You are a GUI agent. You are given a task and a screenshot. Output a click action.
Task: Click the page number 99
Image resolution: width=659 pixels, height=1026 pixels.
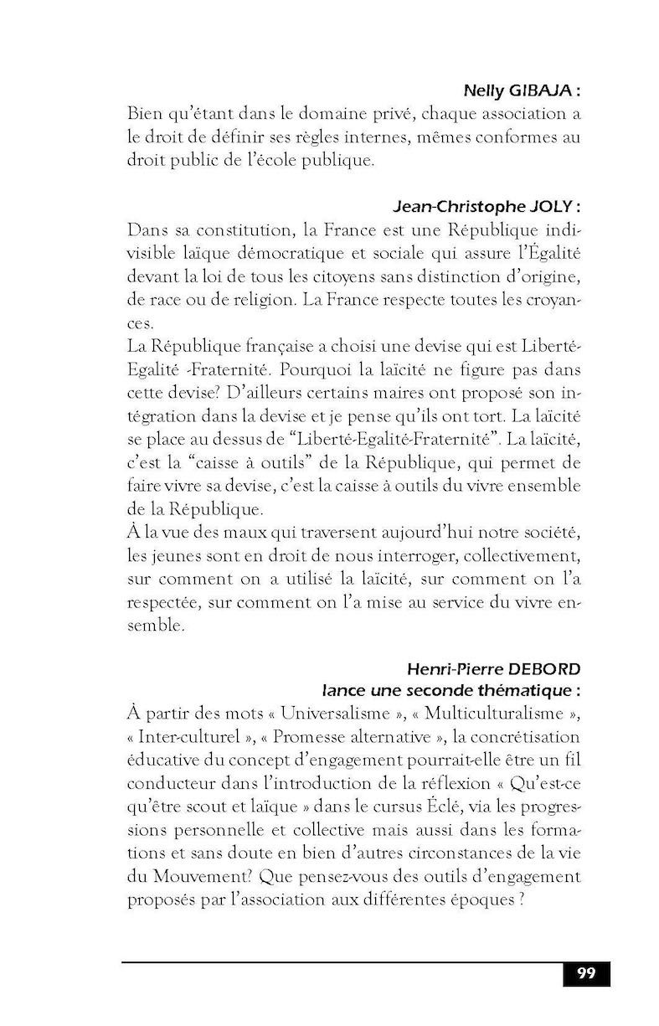click(586, 973)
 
